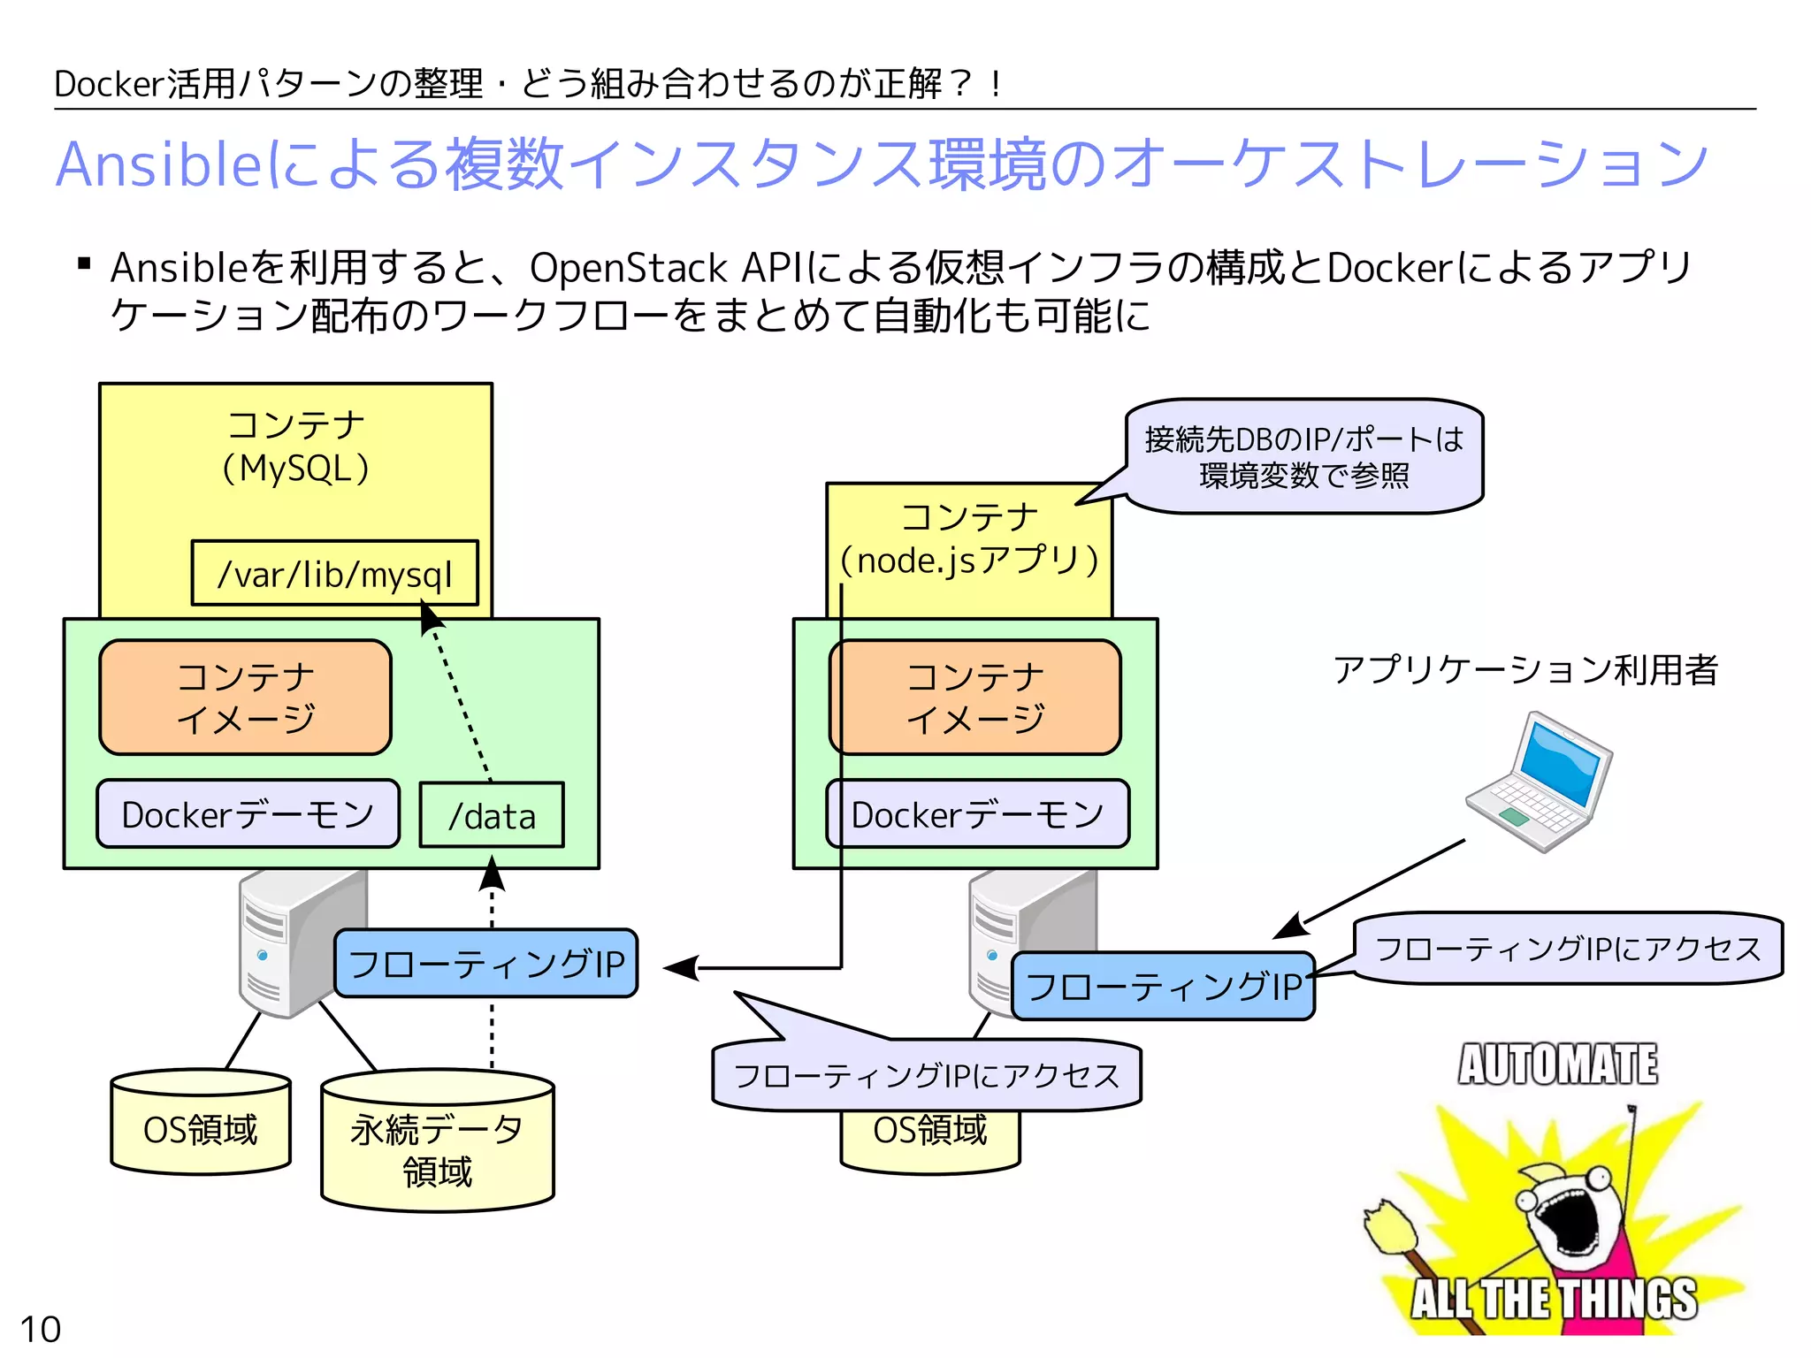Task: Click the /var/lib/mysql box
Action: coord(334,574)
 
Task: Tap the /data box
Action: coord(492,816)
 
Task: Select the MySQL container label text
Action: coord(295,447)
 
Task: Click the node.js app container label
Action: coord(969,539)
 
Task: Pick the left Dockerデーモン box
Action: coord(248,814)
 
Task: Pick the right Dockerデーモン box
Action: coord(977,814)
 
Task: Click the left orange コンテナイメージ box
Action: coord(245,698)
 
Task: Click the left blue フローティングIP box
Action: coord(485,964)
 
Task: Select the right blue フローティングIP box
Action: coord(1163,987)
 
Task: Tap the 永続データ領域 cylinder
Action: coord(438,1149)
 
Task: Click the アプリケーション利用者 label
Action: coord(1525,669)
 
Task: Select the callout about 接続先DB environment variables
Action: coord(1303,456)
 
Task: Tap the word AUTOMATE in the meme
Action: coord(1558,1064)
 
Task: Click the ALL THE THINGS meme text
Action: coord(1554,1298)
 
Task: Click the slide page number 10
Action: coord(40,1329)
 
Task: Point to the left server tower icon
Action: coord(292,942)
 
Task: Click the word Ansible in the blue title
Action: coord(159,165)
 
